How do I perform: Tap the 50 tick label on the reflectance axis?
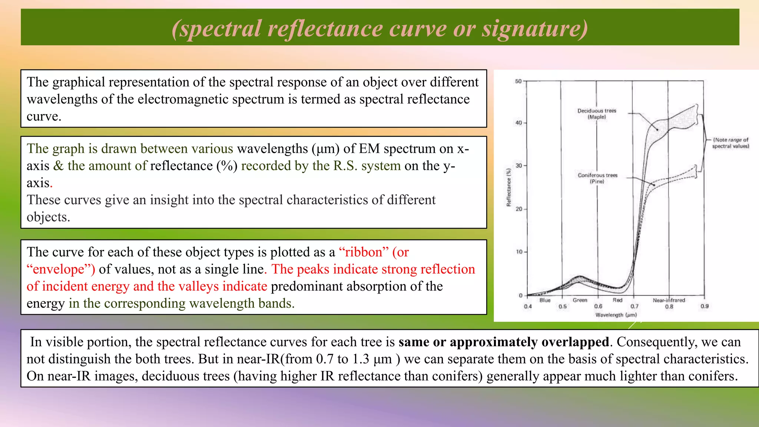click(518, 82)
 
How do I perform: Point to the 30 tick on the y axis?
click(519, 166)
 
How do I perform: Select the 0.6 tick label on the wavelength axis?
click(598, 307)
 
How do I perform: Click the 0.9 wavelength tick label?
click(705, 306)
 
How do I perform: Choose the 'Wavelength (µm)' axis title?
click(616, 315)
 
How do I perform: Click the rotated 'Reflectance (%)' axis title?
click(509, 187)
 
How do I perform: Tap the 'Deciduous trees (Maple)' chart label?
click(597, 114)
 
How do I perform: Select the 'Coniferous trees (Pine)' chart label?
click(597, 178)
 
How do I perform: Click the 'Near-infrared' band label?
click(669, 300)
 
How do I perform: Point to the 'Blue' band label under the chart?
click(545, 300)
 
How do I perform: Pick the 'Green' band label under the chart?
click(580, 300)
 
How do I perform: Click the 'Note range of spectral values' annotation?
click(730, 143)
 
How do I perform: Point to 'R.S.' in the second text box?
click(345, 166)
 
